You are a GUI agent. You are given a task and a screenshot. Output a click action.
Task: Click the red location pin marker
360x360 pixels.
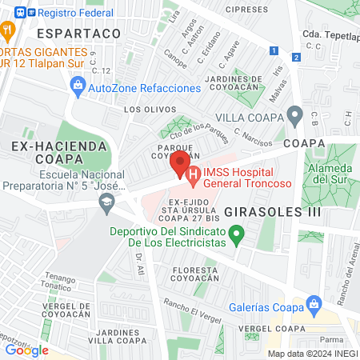coord(178,163)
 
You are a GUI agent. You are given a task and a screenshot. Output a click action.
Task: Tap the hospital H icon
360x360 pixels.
coord(192,174)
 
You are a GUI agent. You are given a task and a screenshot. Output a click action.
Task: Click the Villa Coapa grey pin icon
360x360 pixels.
coord(294,117)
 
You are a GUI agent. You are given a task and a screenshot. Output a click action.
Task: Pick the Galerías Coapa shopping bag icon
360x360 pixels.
coord(313,304)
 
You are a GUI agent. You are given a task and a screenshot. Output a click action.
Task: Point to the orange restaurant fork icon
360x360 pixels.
coord(7,32)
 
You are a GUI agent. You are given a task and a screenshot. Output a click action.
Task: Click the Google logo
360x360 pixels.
coord(27,350)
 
